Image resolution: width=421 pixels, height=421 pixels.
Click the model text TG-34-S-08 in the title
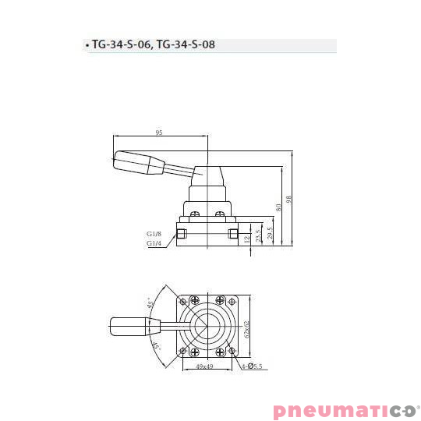click(x=186, y=45)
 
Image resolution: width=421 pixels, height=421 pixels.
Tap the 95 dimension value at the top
click(x=159, y=133)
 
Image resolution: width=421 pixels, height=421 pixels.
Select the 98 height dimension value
click(x=289, y=200)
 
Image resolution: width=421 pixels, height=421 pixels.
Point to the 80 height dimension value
click(x=278, y=208)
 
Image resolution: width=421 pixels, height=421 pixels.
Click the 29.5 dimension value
click(x=269, y=233)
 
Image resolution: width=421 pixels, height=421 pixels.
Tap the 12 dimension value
click(x=247, y=240)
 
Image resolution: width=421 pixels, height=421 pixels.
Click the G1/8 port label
click(x=154, y=233)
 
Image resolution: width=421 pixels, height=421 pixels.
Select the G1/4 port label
click(x=154, y=242)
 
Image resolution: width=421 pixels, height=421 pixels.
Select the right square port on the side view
click(x=232, y=233)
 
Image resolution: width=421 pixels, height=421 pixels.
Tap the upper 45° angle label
click(x=150, y=302)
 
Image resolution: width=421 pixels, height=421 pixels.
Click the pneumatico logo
click(x=345, y=410)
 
